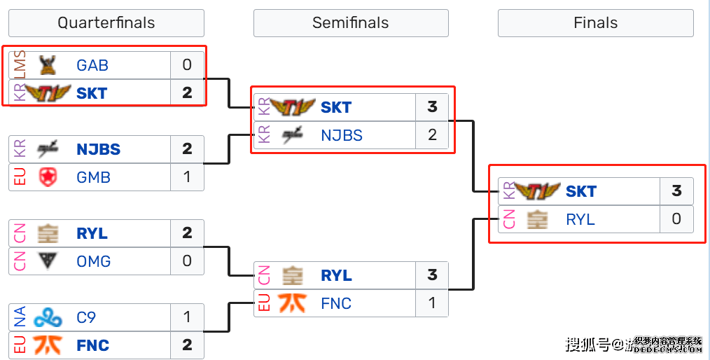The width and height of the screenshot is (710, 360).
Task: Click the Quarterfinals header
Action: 106,22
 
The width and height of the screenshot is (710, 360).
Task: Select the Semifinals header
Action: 350,22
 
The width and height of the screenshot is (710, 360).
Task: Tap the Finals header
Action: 595,22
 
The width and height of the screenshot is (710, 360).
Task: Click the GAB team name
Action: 92,65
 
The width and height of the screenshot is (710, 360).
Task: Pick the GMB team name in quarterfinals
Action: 93,177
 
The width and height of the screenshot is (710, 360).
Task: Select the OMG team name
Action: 93,261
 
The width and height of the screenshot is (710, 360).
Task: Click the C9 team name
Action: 86,317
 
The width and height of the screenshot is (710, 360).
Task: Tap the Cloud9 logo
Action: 48,317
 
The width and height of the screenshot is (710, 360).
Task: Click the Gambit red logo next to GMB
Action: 48,177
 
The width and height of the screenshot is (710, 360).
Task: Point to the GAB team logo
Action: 48,65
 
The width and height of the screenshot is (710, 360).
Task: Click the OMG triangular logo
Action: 48,261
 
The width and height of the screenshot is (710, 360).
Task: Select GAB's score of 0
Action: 187,65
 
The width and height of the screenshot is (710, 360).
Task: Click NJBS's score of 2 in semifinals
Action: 432,135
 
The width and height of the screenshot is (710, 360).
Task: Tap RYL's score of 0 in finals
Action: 676,219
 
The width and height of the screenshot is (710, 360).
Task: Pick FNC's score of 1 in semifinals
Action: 432,303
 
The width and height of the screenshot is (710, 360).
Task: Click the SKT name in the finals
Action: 581,191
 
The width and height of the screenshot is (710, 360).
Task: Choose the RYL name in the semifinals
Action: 336,275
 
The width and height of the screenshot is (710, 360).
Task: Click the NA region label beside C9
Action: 20,317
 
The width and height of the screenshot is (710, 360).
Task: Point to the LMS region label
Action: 20,65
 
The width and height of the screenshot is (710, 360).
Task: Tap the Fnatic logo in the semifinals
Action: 292,303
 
